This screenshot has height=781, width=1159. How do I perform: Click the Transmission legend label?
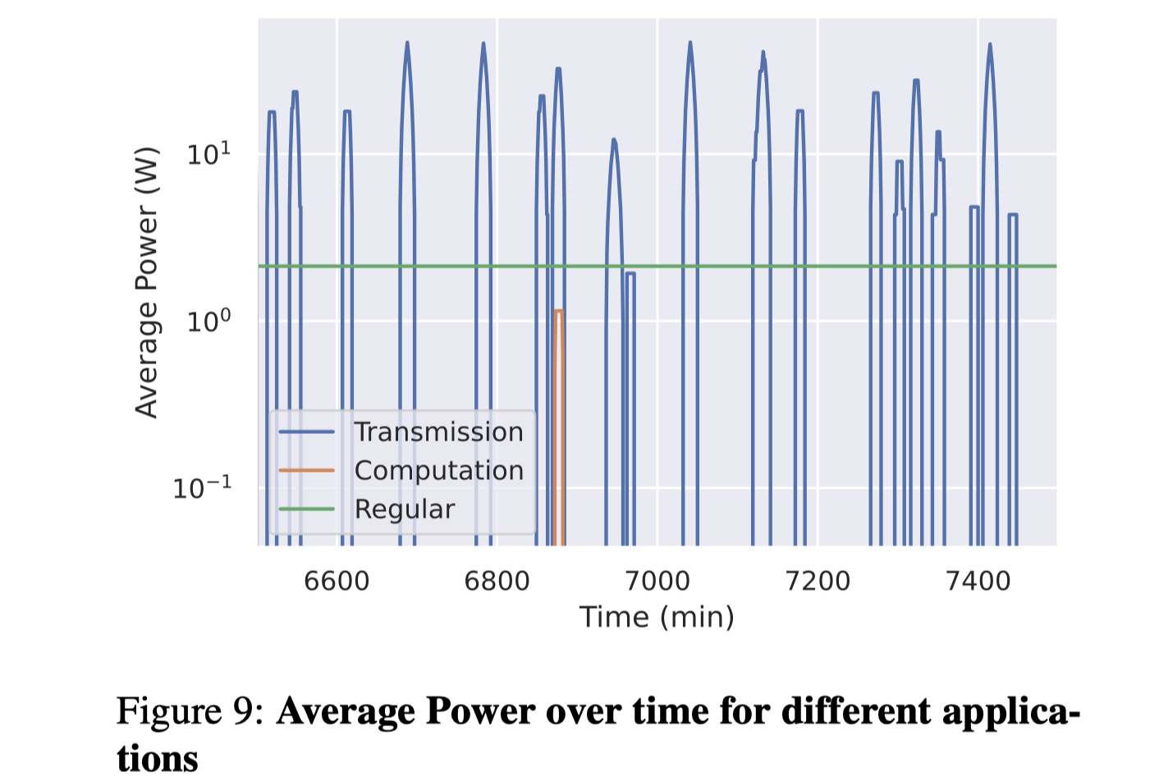click(438, 432)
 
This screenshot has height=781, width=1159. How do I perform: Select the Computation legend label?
click(438, 471)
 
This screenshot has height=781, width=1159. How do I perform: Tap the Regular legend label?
click(404, 509)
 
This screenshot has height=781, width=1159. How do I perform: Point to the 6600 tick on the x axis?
click(337, 581)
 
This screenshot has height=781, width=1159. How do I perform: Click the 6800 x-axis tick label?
click(497, 581)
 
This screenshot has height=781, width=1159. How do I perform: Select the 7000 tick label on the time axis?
click(657, 581)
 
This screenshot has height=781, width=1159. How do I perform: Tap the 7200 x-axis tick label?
click(818, 581)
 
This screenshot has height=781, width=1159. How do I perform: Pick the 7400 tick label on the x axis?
click(978, 581)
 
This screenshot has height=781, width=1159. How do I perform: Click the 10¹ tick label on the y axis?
click(208, 153)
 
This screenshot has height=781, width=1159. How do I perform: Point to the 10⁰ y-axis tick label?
click(208, 321)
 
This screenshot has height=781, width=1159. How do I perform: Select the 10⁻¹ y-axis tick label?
click(202, 488)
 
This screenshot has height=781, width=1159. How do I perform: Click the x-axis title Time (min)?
click(657, 617)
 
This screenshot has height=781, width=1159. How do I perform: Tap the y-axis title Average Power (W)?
click(146, 282)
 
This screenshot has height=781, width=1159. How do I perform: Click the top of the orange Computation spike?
click(559, 311)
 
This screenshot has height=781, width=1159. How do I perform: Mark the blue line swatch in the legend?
click(306, 432)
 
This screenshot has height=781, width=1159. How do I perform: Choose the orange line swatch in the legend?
click(306, 471)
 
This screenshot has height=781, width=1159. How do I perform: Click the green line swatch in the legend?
click(306, 509)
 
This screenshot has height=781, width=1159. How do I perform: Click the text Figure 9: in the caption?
click(189, 711)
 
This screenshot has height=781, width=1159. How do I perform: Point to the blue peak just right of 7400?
click(990, 44)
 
